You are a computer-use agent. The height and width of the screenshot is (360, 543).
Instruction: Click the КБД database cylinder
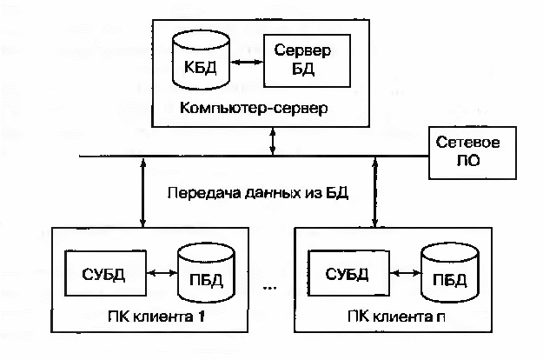201,60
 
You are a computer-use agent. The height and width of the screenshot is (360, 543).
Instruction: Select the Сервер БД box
307,61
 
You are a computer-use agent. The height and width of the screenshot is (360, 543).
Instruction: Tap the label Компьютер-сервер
254,108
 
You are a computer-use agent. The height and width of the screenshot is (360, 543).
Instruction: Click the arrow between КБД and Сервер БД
247,63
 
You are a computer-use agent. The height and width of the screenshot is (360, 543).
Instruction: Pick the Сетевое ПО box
473,153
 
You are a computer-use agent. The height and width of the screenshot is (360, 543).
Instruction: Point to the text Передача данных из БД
258,193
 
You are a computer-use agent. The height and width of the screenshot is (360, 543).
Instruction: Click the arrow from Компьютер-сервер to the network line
273,142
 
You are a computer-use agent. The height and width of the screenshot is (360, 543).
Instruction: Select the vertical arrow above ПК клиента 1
143,192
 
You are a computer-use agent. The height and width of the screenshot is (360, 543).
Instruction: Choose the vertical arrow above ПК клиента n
374,192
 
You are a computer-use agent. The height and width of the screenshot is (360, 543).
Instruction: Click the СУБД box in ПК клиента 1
105,273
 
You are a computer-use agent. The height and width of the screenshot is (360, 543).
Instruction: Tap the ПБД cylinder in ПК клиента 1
206,273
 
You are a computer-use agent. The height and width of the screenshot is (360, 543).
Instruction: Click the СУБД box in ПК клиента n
348,273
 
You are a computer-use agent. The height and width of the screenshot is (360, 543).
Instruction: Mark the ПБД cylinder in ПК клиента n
449,273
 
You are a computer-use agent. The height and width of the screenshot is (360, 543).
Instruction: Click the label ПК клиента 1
156,317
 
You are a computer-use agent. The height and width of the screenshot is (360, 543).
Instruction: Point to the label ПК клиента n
396,317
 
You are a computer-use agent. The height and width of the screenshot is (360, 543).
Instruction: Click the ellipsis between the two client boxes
270,288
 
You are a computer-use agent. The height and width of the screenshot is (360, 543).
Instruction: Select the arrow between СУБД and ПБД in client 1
162,273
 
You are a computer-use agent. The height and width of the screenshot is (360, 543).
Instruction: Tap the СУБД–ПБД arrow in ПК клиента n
405,273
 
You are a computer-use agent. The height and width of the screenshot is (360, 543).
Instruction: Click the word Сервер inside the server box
302,50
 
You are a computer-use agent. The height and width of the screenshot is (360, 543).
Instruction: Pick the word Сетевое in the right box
467,143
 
